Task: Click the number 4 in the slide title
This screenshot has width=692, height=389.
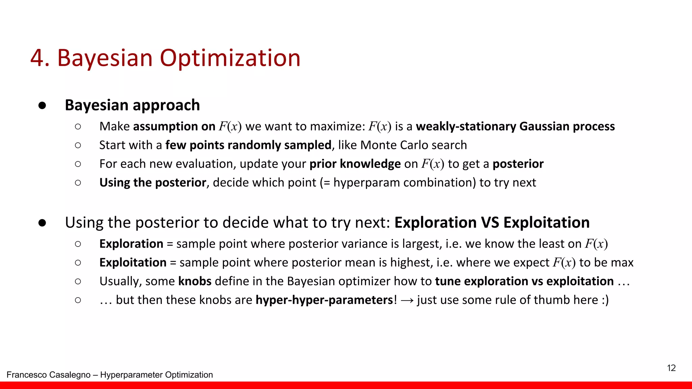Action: point(37,58)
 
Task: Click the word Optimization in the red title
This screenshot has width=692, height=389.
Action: point(230,58)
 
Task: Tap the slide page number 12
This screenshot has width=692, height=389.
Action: point(671,368)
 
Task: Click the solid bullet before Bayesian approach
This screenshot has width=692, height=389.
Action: point(42,105)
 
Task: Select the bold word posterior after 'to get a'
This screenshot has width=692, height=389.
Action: point(518,164)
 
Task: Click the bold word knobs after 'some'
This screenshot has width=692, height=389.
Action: point(195,281)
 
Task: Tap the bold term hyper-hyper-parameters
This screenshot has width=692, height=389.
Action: point(324,300)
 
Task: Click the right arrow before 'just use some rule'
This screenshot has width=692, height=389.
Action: point(407,300)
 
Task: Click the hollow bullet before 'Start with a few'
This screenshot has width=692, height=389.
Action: point(78,145)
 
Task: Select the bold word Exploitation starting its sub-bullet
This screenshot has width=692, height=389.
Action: point(132,263)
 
